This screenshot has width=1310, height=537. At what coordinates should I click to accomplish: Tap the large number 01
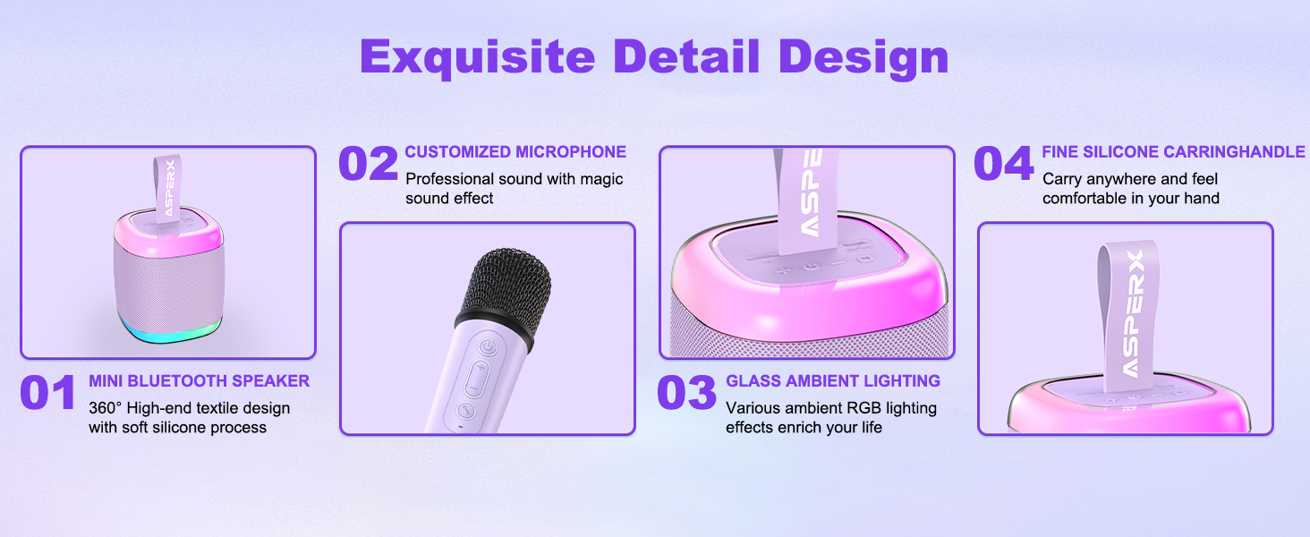click(48, 394)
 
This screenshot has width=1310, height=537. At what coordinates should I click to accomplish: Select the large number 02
click(368, 165)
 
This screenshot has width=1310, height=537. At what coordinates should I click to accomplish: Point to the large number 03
click(686, 394)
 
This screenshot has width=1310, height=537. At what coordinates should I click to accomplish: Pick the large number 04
click(1003, 165)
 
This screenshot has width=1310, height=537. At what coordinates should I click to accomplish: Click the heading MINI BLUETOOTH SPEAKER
click(199, 381)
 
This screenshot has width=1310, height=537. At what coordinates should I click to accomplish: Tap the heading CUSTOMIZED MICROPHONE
click(515, 152)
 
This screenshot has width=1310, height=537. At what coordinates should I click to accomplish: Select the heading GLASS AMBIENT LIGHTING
click(833, 381)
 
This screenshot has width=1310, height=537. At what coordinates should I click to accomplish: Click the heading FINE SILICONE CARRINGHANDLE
click(1173, 152)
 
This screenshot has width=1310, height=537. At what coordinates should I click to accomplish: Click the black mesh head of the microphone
click(503, 286)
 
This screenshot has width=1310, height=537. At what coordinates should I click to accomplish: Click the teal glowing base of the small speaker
click(166, 334)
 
